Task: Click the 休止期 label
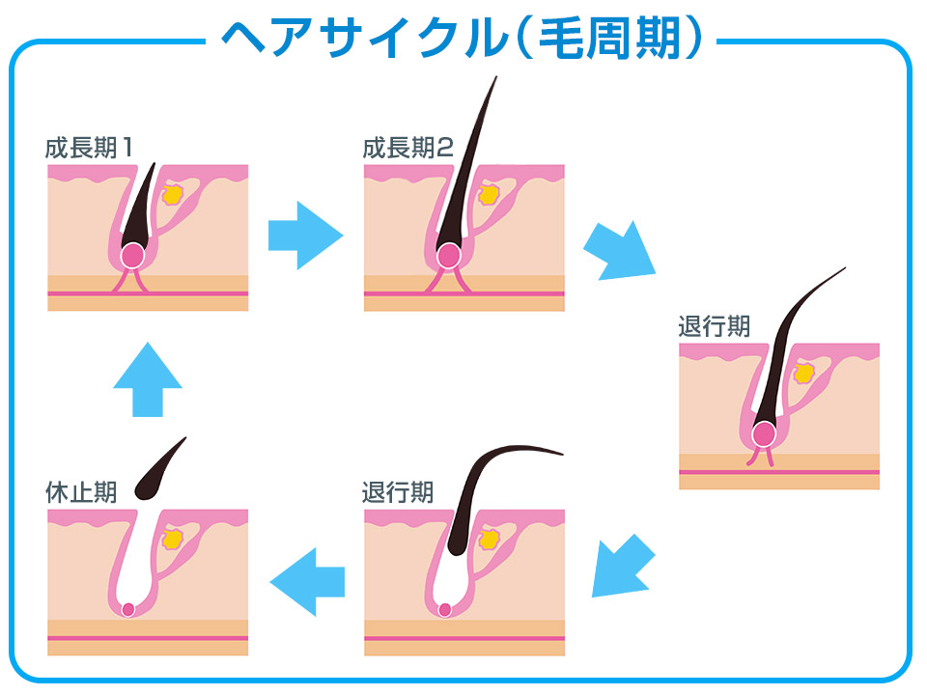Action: pyautogui.click(x=81, y=492)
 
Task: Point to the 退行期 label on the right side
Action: pyautogui.click(x=715, y=326)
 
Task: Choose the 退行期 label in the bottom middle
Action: pyautogui.click(x=398, y=492)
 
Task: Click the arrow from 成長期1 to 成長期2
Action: pyautogui.click(x=305, y=235)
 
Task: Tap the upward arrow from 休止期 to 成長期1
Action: pyautogui.click(x=147, y=378)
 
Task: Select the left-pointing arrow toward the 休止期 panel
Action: pyautogui.click(x=307, y=580)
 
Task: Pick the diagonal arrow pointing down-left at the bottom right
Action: pyautogui.click(x=622, y=567)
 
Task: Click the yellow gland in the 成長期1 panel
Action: pyautogui.click(x=173, y=194)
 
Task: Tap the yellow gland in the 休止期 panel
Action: pyautogui.click(x=173, y=540)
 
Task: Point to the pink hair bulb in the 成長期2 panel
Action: pyautogui.click(x=448, y=256)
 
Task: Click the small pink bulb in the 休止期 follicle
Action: pyautogui.click(x=128, y=609)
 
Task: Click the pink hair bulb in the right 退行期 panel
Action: pyautogui.click(x=765, y=433)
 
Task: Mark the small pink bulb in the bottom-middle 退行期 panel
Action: pyautogui.click(x=445, y=609)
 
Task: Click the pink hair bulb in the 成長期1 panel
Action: pyautogui.click(x=132, y=256)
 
